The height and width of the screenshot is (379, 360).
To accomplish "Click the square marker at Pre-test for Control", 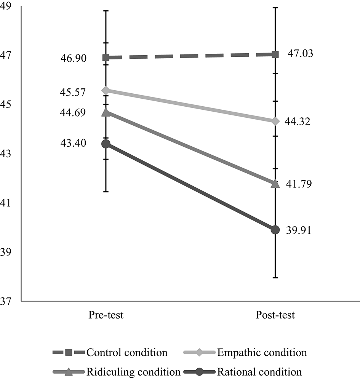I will click(106, 58).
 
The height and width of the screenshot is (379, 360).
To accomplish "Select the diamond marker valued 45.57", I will click(106, 91).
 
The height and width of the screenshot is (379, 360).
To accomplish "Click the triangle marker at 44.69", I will click(106, 112).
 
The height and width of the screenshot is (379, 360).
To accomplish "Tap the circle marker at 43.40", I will click(106, 144).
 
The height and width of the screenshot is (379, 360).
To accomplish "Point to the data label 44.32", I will click(298, 122).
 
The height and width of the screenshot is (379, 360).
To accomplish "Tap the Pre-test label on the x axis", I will click(106, 316).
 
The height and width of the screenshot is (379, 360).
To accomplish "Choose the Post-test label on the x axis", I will click(275, 316).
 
